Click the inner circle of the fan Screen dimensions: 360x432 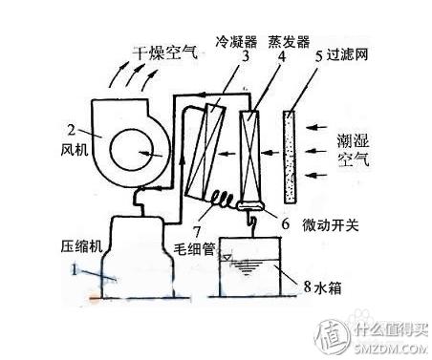tap(134, 153)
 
